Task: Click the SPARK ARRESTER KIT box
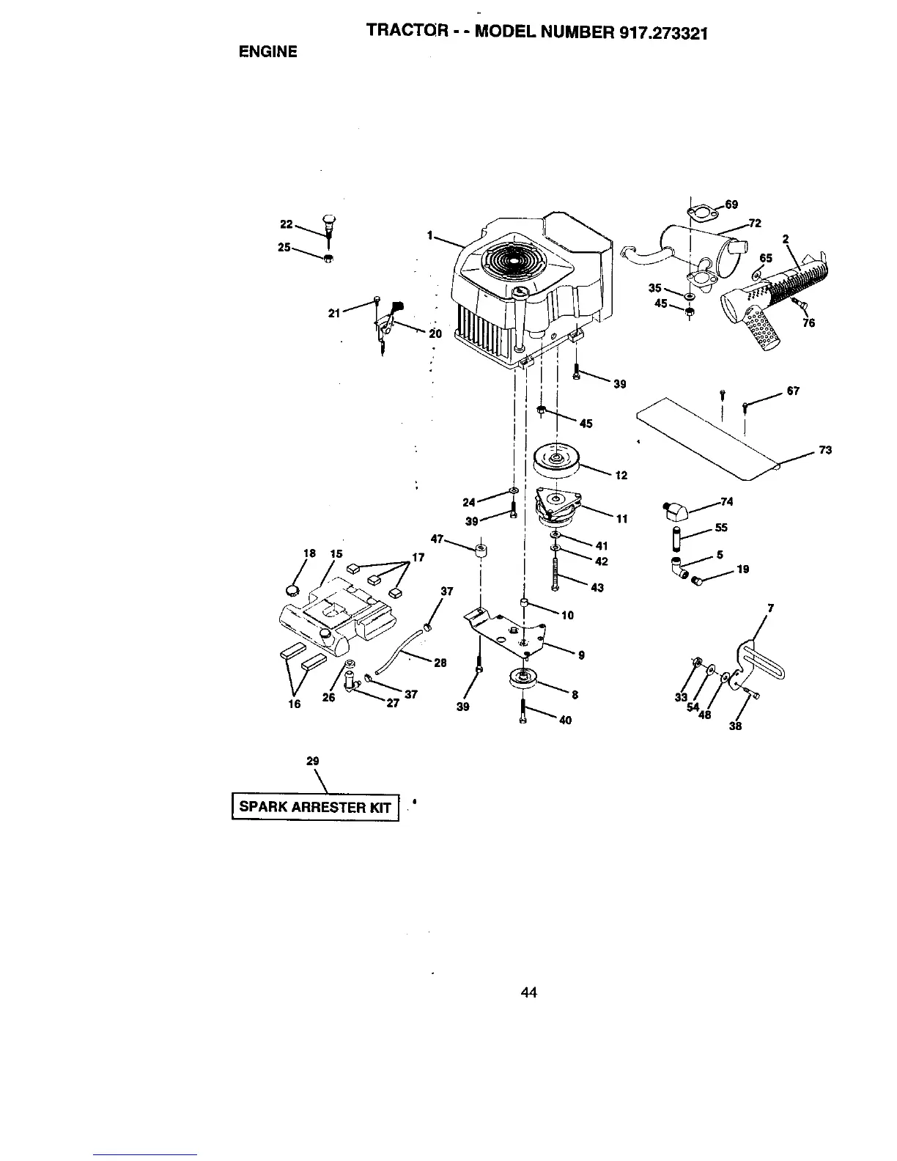pyautogui.click(x=315, y=807)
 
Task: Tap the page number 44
pyautogui.click(x=528, y=992)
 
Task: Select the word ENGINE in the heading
pyautogui.click(x=267, y=51)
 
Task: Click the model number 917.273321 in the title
pyautogui.click(x=654, y=33)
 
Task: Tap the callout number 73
pyautogui.click(x=825, y=450)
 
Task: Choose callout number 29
pyautogui.click(x=312, y=762)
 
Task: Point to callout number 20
pyautogui.click(x=435, y=333)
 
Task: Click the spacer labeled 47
pyautogui.click(x=481, y=550)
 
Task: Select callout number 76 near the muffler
pyautogui.click(x=808, y=322)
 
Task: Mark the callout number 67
pyautogui.click(x=793, y=391)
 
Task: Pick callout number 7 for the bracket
pyautogui.click(x=769, y=607)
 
